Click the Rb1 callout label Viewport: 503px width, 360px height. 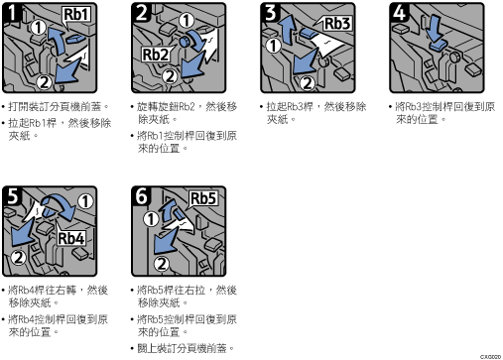point(76,15)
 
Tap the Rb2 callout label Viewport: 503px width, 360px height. point(155,55)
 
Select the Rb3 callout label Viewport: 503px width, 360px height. point(337,24)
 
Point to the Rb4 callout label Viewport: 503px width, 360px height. point(71,238)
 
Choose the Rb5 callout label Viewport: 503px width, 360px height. point(203,198)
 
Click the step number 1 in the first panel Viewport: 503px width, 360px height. point(11,13)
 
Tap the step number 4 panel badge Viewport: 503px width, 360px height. point(399,13)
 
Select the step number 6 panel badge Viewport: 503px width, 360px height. point(141,195)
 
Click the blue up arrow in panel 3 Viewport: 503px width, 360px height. point(287,32)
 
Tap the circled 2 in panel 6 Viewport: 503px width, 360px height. point(162,264)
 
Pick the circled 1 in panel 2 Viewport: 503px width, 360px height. point(187,21)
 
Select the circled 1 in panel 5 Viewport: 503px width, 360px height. point(85,201)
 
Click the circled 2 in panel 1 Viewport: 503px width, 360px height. point(45,82)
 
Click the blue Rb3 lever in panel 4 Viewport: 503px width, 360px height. point(438,45)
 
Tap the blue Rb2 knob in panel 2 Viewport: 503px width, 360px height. point(185,42)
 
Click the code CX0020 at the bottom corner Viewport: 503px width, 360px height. point(491,357)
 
